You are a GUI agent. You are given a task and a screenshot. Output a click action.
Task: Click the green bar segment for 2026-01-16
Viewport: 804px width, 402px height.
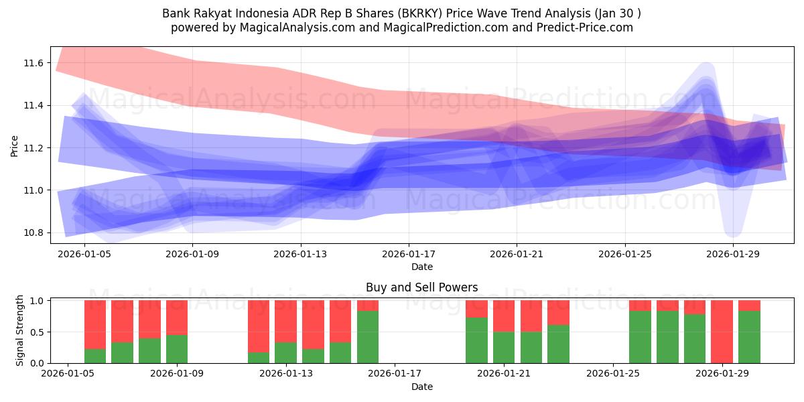pyautogui.click(x=368, y=337)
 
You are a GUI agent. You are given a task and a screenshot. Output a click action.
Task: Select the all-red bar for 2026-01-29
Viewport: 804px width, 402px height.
pyautogui.click(x=722, y=332)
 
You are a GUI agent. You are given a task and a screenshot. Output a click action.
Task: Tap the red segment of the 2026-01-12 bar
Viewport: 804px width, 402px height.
pyautogui.click(x=259, y=326)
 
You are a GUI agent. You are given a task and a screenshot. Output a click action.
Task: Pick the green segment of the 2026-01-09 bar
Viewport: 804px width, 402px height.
pyautogui.click(x=177, y=349)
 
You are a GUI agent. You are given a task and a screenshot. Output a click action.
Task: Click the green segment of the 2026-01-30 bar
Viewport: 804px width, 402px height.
pyautogui.click(x=749, y=337)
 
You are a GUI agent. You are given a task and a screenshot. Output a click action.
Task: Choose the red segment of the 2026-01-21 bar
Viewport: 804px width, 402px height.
pyautogui.click(x=504, y=316)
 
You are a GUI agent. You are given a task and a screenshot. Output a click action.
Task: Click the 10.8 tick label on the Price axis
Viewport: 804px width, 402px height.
pyautogui.click(x=33, y=232)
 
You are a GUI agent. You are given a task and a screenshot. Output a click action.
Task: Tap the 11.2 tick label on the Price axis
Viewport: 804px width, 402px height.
pyautogui.click(x=33, y=148)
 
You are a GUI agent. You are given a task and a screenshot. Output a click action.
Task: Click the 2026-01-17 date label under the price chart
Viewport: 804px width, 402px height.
pyautogui.click(x=409, y=254)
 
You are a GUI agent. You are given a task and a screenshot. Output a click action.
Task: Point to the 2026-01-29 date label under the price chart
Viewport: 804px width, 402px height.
pyautogui.click(x=733, y=254)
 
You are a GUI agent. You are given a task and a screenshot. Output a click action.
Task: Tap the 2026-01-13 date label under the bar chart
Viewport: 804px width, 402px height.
pyautogui.click(x=286, y=374)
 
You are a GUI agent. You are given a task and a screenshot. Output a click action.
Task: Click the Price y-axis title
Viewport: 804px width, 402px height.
pyautogui.click(x=14, y=146)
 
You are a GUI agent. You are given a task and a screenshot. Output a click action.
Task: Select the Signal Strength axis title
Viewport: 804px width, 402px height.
pyautogui.click(x=19, y=330)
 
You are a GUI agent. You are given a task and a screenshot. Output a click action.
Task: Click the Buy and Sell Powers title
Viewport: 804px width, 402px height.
pyautogui.click(x=421, y=287)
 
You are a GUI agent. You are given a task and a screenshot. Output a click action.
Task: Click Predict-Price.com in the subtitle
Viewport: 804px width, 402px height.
pyautogui.click(x=585, y=27)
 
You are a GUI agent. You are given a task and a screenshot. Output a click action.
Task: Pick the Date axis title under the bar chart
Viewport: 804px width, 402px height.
pyautogui.click(x=422, y=387)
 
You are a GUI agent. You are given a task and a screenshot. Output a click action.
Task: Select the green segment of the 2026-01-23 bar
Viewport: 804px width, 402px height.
pyautogui.click(x=558, y=344)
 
